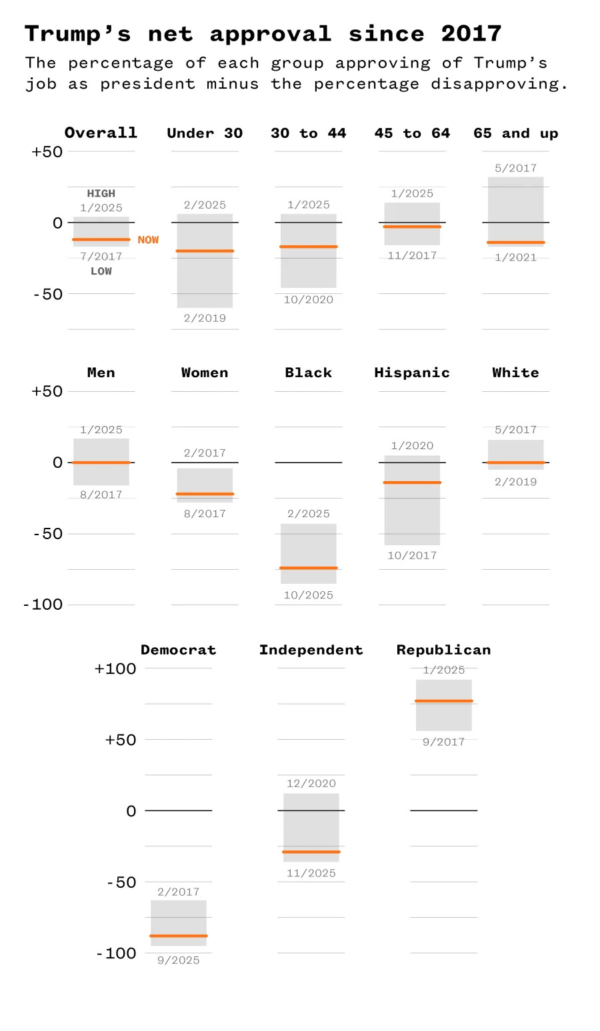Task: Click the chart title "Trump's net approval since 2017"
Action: click(263, 33)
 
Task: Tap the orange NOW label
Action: click(148, 240)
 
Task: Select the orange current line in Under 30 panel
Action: click(205, 251)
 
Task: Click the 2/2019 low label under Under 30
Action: click(205, 318)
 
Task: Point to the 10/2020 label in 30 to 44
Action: click(308, 300)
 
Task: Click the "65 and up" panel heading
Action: click(515, 133)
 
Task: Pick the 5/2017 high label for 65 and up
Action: click(515, 168)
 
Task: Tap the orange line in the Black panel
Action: click(308, 568)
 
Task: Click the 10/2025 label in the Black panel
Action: click(308, 595)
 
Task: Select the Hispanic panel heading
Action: click(411, 373)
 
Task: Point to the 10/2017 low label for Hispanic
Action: click(411, 555)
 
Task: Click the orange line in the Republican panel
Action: click(443, 701)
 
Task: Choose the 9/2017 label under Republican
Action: click(443, 742)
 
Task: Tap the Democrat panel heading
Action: click(178, 650)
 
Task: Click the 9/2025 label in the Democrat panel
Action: click(178, 960)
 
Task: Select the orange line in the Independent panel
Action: click(311, 852)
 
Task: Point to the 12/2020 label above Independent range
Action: click(311, 784)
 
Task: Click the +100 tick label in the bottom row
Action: click(115, 668)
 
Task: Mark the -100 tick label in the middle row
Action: click(43, 604)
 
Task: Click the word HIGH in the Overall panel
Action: click(101, 193)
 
